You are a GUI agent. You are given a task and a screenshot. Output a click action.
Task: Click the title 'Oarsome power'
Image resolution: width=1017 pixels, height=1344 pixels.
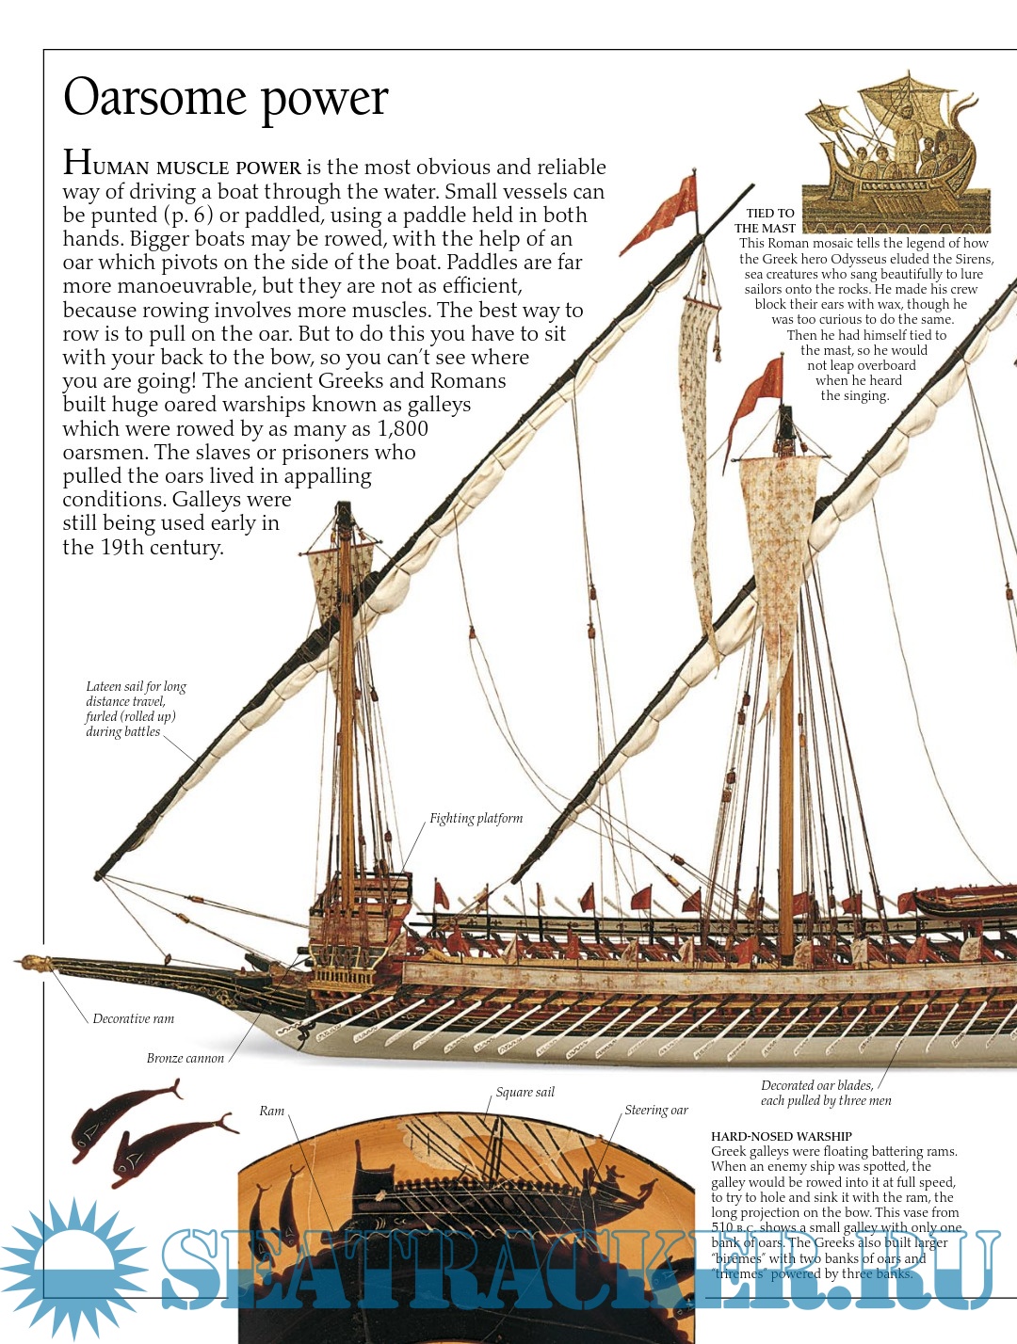pyautogui.click(x=226, y=98)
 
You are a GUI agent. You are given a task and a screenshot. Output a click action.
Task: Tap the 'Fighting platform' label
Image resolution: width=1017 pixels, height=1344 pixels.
pyautogui.click(x=476, y=819)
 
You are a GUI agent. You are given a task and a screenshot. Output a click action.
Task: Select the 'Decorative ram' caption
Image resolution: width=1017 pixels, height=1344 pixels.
pyautogui.click(x=133, y=1018)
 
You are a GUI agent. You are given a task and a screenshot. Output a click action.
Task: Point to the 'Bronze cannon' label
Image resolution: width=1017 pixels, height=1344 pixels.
pyautogui.click(x=185, y=1058)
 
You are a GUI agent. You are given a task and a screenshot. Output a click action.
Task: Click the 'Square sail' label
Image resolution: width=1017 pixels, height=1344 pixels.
pyautogui.click(x=525, y=1093)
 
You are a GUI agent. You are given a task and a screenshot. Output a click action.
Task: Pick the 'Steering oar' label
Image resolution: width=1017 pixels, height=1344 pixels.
pyautogui.click(x=655, y=1111)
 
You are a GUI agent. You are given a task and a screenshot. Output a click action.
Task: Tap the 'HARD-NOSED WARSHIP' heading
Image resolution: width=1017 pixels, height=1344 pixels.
pyautogui.click(x=781, y=1136)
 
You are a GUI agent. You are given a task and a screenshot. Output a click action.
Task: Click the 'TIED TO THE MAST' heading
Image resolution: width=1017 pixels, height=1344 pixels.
pyautogui.click(x=766, y=221)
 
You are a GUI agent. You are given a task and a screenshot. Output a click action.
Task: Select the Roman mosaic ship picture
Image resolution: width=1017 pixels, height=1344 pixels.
pyautogui.click(x=895, y=151)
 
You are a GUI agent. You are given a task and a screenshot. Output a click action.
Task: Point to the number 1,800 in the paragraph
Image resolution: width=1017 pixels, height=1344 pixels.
pyautogui.click(x=402, y=429)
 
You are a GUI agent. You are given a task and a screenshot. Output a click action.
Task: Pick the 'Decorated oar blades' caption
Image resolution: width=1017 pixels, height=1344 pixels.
pyautogui.click(x=825, y=1093)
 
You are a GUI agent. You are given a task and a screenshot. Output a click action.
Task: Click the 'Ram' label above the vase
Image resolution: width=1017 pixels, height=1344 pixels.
pyautogui.click(x=271, y=1112)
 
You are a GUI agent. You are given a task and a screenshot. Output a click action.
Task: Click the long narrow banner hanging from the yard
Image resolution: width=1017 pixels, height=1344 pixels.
pyautogui.click(x=697, y=452)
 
